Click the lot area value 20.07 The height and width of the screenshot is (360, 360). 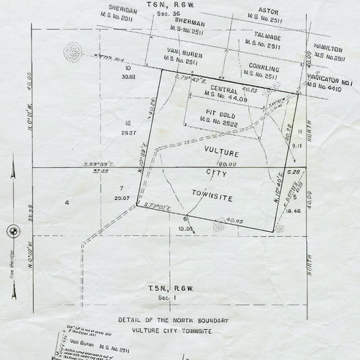(x=122, y=197)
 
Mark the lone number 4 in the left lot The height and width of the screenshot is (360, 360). (x=67, y=204)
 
